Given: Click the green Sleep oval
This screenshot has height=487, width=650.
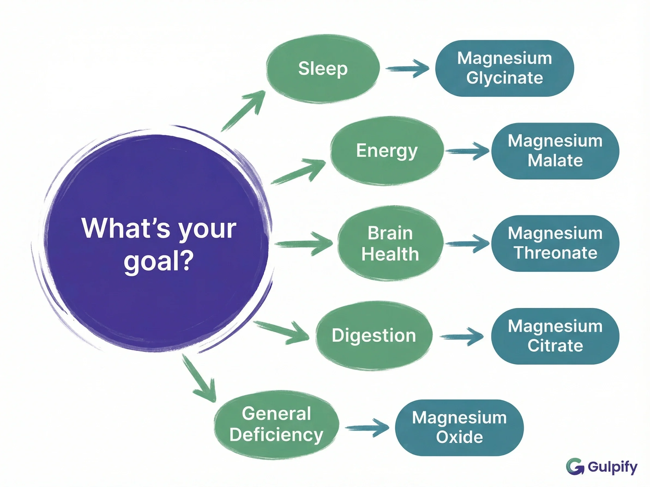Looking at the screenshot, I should click(x=323, y=69).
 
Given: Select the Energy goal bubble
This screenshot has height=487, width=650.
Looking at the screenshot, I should click(x=386, y=151).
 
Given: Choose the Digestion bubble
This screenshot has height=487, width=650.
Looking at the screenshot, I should click(x=374, y=336).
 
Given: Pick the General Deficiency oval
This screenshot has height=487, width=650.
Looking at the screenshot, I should click(x=276, y=424).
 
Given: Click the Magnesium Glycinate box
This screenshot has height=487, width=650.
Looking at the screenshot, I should click(x=504, y=68).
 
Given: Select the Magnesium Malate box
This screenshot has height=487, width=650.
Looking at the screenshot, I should click(x=555, y=151).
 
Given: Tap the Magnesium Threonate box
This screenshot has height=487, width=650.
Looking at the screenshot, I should click(x=555, y=243).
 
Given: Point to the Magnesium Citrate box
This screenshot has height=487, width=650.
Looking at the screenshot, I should click(x=555, y=336).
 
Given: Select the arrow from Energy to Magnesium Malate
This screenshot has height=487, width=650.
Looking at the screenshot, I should click(x=467, y=151).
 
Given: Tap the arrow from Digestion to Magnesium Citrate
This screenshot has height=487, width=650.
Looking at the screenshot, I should click(x=462, y=336).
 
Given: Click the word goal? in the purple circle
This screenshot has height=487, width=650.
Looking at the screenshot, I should click(x=158, y=261).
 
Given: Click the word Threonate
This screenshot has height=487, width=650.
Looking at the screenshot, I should click(x=555, y=253).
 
